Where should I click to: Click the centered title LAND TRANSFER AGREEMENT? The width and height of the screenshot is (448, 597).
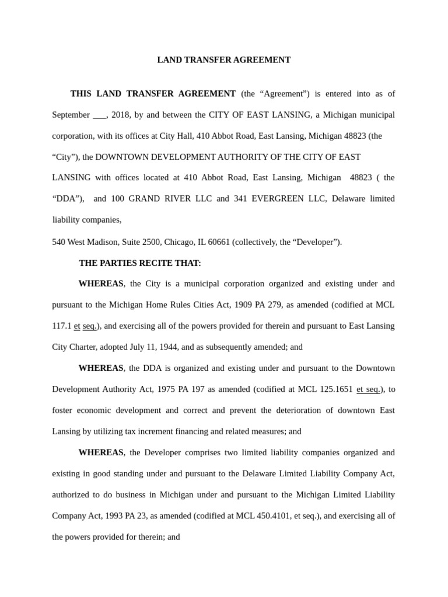[x=224, y=60]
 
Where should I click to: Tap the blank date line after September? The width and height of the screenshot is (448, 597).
[x=99, y=115]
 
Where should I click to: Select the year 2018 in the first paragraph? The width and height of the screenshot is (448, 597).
[x=121, y=115]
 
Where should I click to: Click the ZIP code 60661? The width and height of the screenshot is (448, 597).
[x=218, y=242]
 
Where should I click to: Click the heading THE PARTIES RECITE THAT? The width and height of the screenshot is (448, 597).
[x=140, y=263]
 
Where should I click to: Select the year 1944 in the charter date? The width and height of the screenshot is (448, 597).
[x=169, y=347]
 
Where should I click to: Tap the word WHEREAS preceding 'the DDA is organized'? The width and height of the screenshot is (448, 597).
[x=101, y=368]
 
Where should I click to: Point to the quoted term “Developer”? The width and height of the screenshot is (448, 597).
[x=317, y=242]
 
